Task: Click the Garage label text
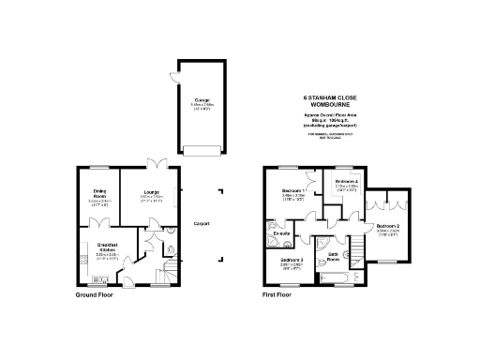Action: pos(202,98)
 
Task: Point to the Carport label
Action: pos(201,223)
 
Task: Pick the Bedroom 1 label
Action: pos(293,191)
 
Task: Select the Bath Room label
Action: pos(333,256)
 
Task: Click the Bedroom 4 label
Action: pos(347,180)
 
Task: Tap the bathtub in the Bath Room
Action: pos(336,278)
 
